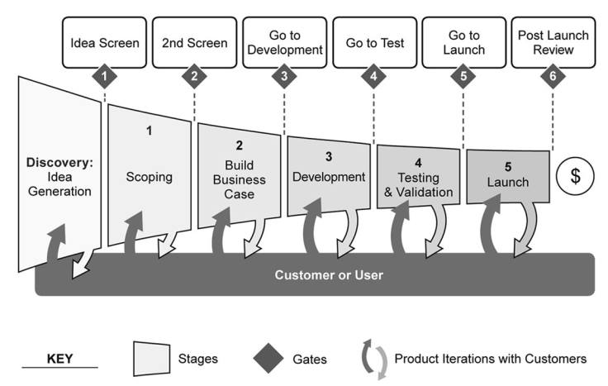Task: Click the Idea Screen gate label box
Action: pyautogui.click(x=105, y=42)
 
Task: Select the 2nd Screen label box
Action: pyautogui.click(x=194, y=42)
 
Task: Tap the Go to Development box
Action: pyautogui.click(x=284, y=42)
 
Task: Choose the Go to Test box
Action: pyautogui.click(x=373, y=42)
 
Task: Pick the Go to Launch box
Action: pyautogui.click(x=463, y=42)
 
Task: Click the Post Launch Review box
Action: pyautogui.click(x=553, y=42)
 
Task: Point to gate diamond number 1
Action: pyautogui.click(x=105, y=78)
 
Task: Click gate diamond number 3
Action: pyautogui.click(x=284, y=78)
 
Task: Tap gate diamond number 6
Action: pyautogui.click(x=553, y=78)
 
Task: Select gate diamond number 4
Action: pyautogui.click(x=373, y=78)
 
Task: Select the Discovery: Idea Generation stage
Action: pyautogui.click(x=59, y=175)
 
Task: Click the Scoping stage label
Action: pyautogui.click(x=150, y=176)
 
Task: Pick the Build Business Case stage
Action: pyautogui.click(x=239, y=179)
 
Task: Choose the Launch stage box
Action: pyautogui.click(x=507, y=175)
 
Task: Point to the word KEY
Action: pyautogui.click(x=60, y=359)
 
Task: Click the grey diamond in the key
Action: pyautogui.click(x=267, y=359)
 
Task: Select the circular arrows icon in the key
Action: pyautogui.click(x=372, y=359)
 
